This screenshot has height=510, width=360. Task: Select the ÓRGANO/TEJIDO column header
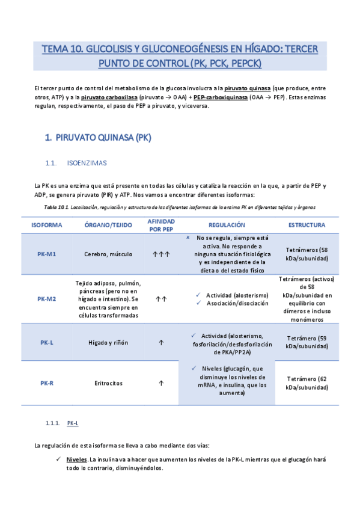[108, 225]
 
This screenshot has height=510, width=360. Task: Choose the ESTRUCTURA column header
[307, 225]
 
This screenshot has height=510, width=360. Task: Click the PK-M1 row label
[46, 254]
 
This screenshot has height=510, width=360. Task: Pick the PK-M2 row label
[46, 298]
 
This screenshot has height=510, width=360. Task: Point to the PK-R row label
[46, 382]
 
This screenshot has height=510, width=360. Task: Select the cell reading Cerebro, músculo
[108, 254]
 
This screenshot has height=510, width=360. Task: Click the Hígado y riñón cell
[108, 342]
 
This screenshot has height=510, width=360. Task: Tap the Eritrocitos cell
[108, 382]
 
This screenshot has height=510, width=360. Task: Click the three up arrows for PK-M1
[161, 254]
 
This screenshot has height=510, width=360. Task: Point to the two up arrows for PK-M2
[161, 298]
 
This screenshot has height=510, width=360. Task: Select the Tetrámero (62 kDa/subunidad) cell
[307, 383]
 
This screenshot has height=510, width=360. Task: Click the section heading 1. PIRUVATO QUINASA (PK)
[98, 138]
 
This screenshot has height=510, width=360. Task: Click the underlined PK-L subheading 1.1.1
[73, 423]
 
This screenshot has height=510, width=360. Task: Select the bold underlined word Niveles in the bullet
[76, 459]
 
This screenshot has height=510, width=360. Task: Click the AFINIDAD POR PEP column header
[161, 225]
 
